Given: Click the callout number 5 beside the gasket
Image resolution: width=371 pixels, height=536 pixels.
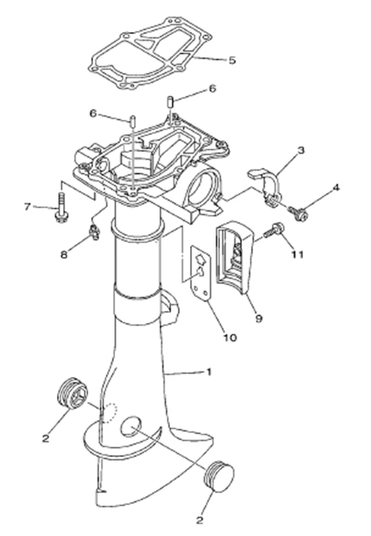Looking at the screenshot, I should [x=232, y=60].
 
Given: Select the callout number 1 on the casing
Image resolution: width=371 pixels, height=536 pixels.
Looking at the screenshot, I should [x=210, y=371].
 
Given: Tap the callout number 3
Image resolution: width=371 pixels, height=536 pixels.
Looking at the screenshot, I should [x=301, y=151].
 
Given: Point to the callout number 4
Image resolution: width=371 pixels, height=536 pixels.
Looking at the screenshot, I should [x=336, y=188].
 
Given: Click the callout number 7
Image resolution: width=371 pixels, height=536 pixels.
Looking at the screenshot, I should [x=26, y=206].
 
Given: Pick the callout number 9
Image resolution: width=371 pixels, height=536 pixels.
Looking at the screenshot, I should [x=259, y=318].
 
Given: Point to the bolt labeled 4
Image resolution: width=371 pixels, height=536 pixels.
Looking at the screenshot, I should [x=298, y=214].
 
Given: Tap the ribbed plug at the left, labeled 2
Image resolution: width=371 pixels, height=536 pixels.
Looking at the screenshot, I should [x=73, y=394].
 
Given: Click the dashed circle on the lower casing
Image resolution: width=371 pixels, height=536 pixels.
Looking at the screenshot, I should [x=109, y=412].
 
